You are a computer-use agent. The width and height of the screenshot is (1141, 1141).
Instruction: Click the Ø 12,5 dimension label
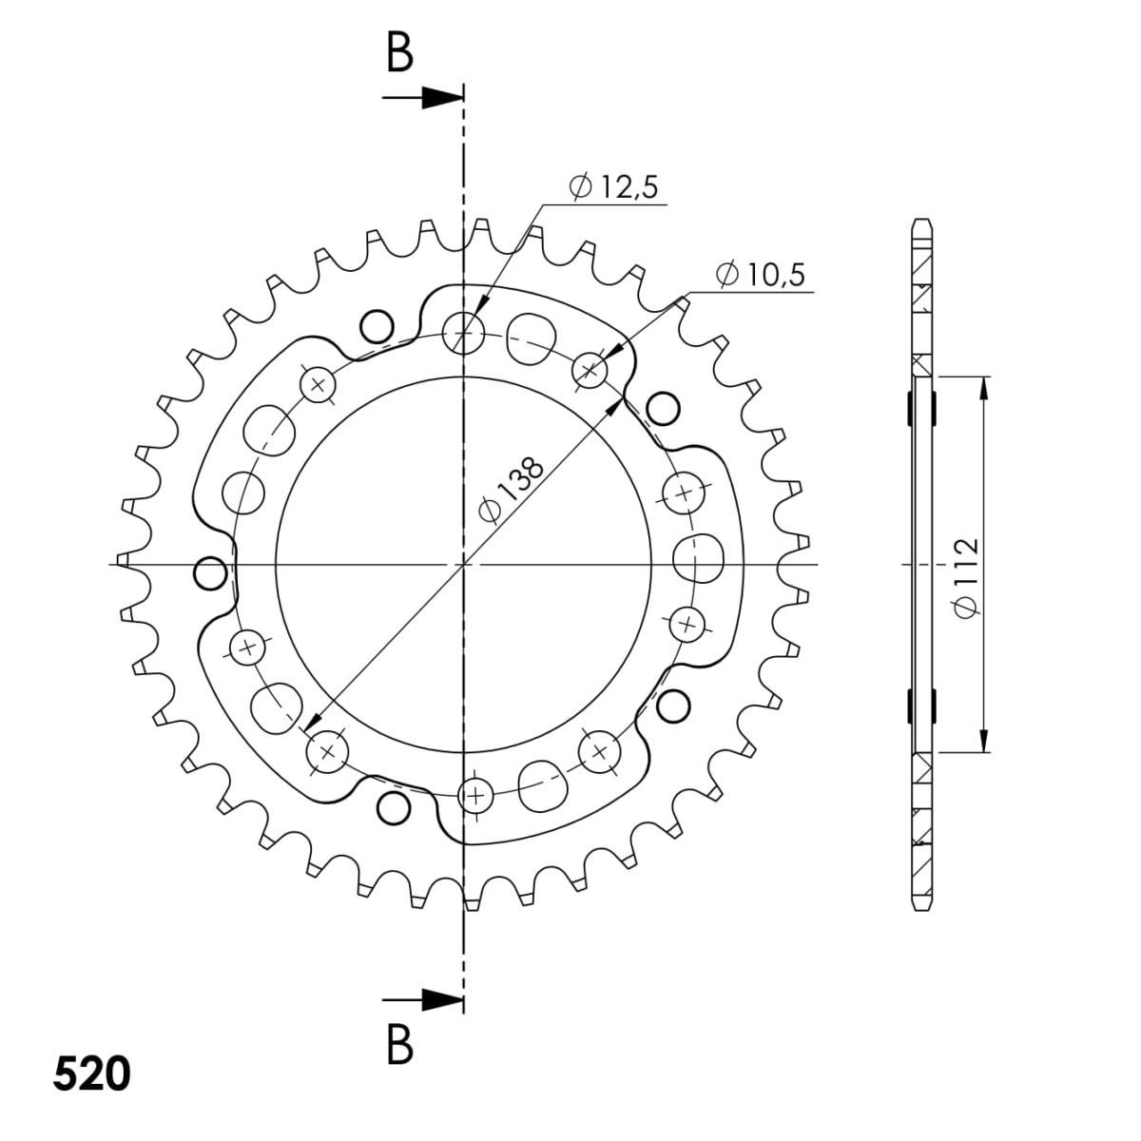[x=613, y=187]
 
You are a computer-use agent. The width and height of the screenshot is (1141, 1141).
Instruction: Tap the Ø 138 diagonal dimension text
[x=511, y=491]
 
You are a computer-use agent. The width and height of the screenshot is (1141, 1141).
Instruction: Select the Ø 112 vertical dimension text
[x=966, y=578]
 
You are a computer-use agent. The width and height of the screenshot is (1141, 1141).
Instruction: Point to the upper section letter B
[x=399, y=55]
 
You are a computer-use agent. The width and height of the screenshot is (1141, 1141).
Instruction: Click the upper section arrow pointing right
[x=422, y=97]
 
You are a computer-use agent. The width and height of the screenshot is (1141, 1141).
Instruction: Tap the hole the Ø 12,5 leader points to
[x=464, y=334]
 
